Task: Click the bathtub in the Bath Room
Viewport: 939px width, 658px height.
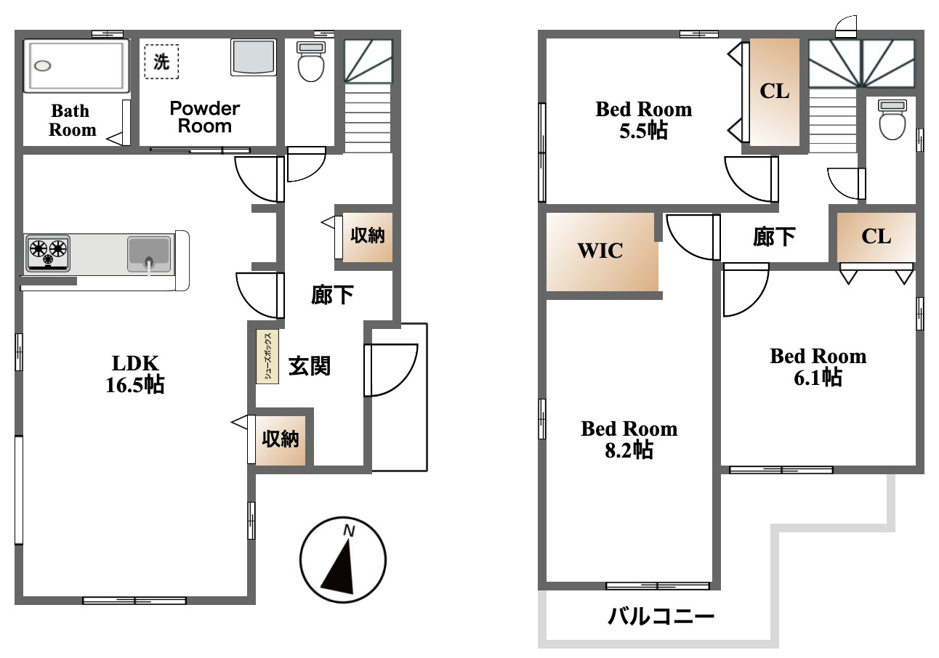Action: click(x=76, y=66)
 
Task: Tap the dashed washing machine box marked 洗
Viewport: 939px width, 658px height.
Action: click(x=161, y=62)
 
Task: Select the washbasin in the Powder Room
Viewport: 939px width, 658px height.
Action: click(x=253, y=57)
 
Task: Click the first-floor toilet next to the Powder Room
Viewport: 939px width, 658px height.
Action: click(x=310, y=61)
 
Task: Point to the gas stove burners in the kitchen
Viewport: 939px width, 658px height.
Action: click(x=48, y=253)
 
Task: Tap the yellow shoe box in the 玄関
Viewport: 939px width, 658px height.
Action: click(x=267, y=357)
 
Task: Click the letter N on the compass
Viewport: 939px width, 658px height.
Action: click(x=349, y=531)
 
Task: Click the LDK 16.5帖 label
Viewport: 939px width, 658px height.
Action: click(x=135, y=374)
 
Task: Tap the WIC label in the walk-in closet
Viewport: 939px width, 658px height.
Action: click(x=600, y=251)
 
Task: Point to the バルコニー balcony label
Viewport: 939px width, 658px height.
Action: click(x=661, y=616)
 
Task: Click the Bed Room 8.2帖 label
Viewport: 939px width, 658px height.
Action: click(x=629, y=439)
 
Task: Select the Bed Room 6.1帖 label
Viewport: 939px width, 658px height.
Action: click(x=818, y=367)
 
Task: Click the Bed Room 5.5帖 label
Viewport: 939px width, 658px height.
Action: click(x=643, y=120)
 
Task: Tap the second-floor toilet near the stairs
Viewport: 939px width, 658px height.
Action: click(x=892, y=120)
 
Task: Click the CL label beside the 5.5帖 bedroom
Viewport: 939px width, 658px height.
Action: click(x=774, y=92)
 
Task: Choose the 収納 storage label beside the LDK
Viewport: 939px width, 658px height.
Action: click(x=281, y=439)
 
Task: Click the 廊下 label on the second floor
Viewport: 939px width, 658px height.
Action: click(x=774, y=237)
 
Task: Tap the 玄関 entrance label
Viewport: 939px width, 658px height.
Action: click(x=310, y=366)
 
